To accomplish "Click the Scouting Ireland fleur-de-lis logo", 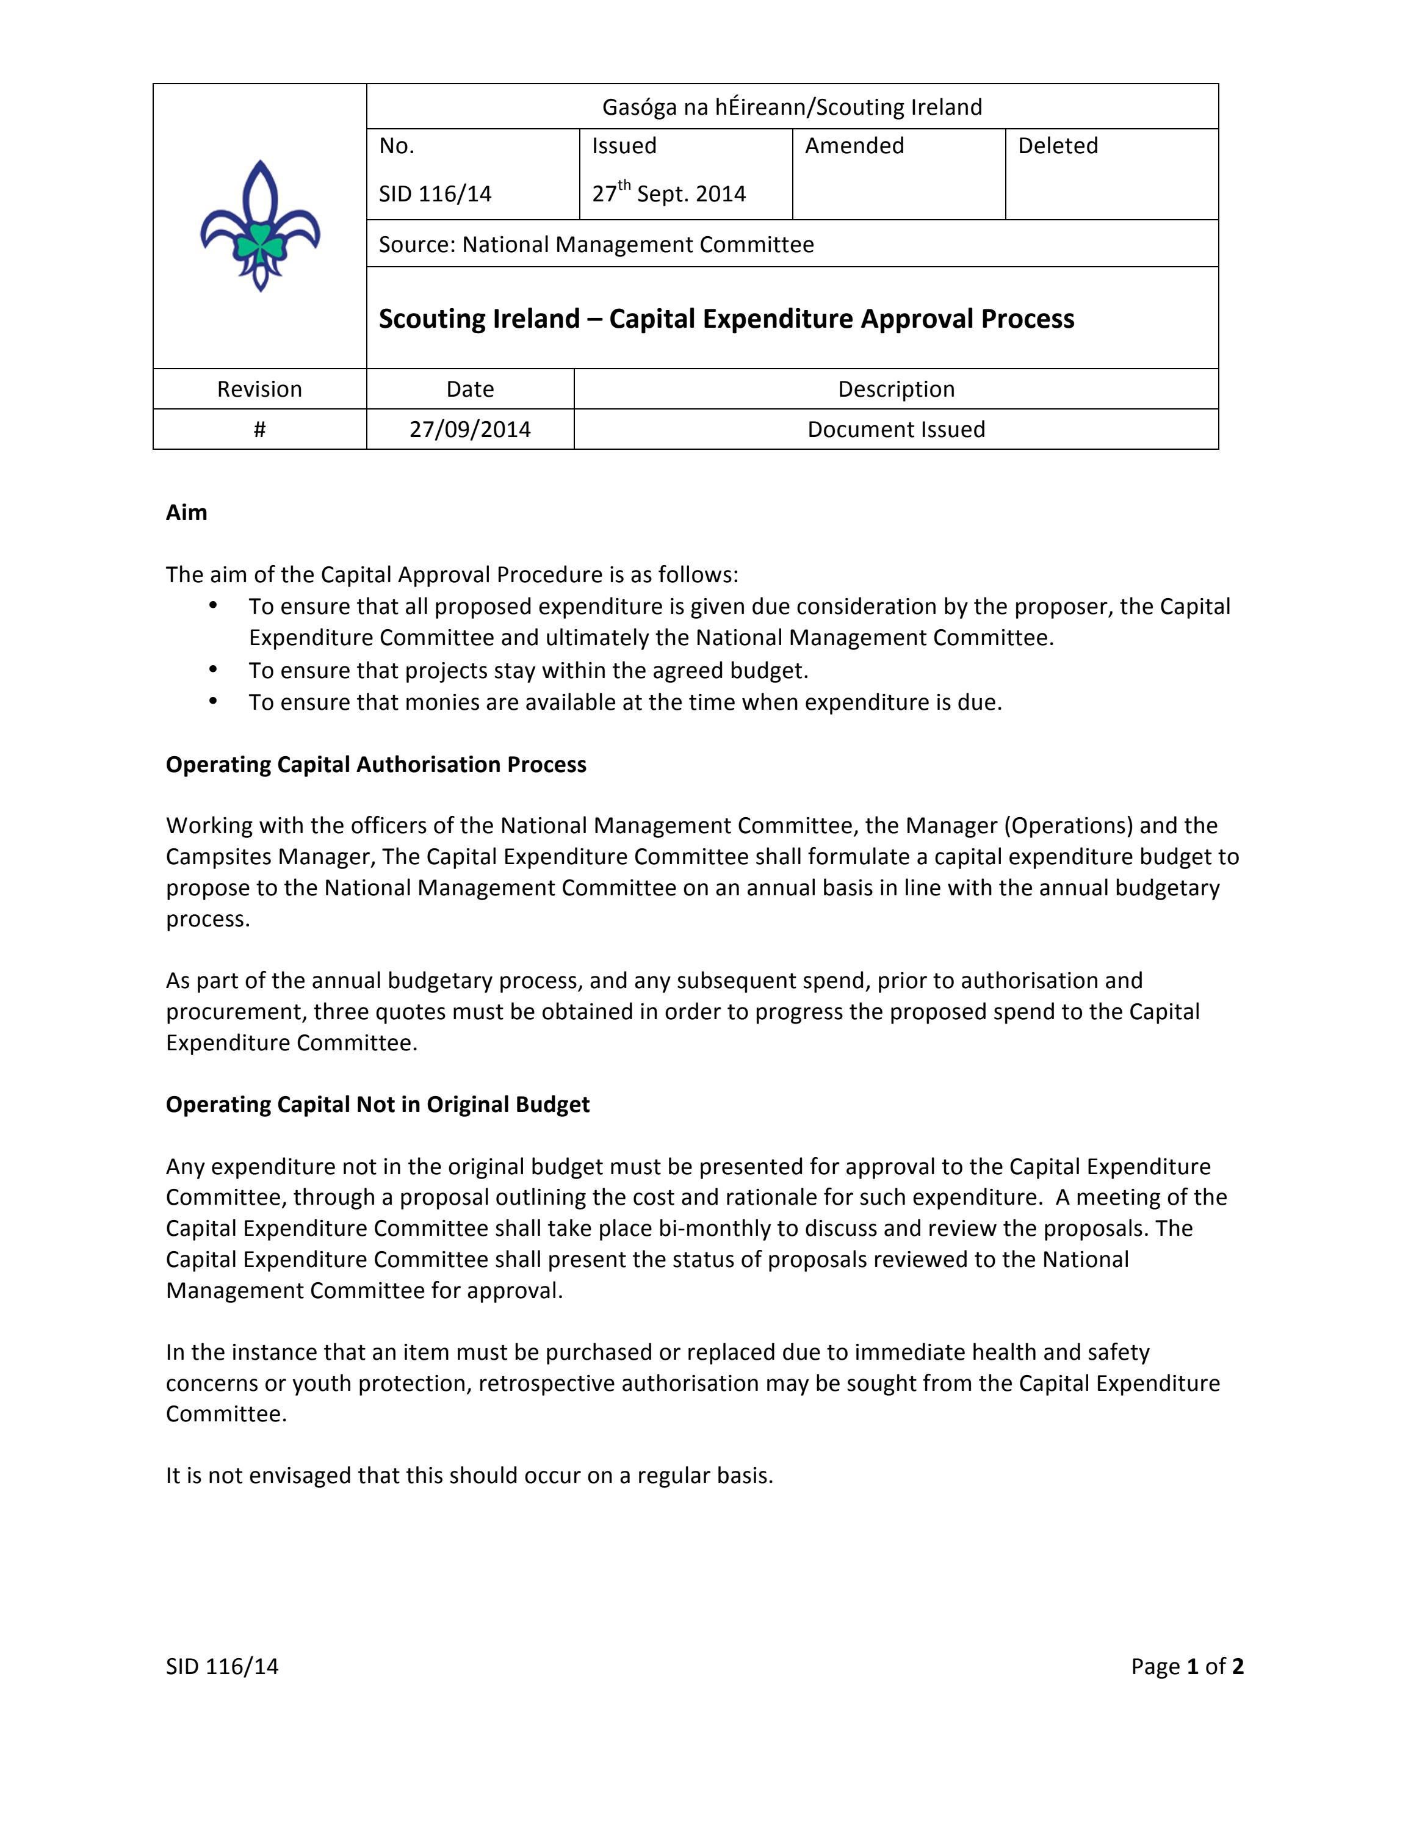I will point(259,225).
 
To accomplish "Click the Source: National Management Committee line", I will point(596,244).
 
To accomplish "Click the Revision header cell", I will point(259,389).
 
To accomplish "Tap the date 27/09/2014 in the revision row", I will point(470,429).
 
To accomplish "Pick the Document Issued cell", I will point(896,429).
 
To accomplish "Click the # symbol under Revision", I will point(259,429).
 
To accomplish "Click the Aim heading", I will point(186,513).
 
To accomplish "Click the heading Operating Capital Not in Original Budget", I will point(378,1105).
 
